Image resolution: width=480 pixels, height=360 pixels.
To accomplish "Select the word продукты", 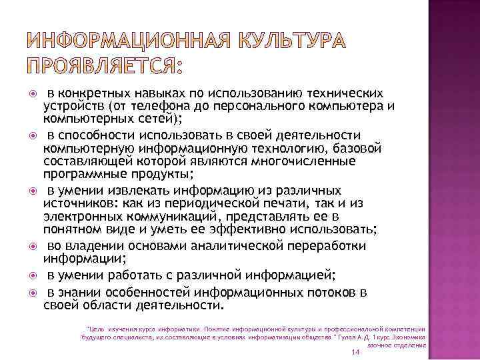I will click(159, 175).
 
